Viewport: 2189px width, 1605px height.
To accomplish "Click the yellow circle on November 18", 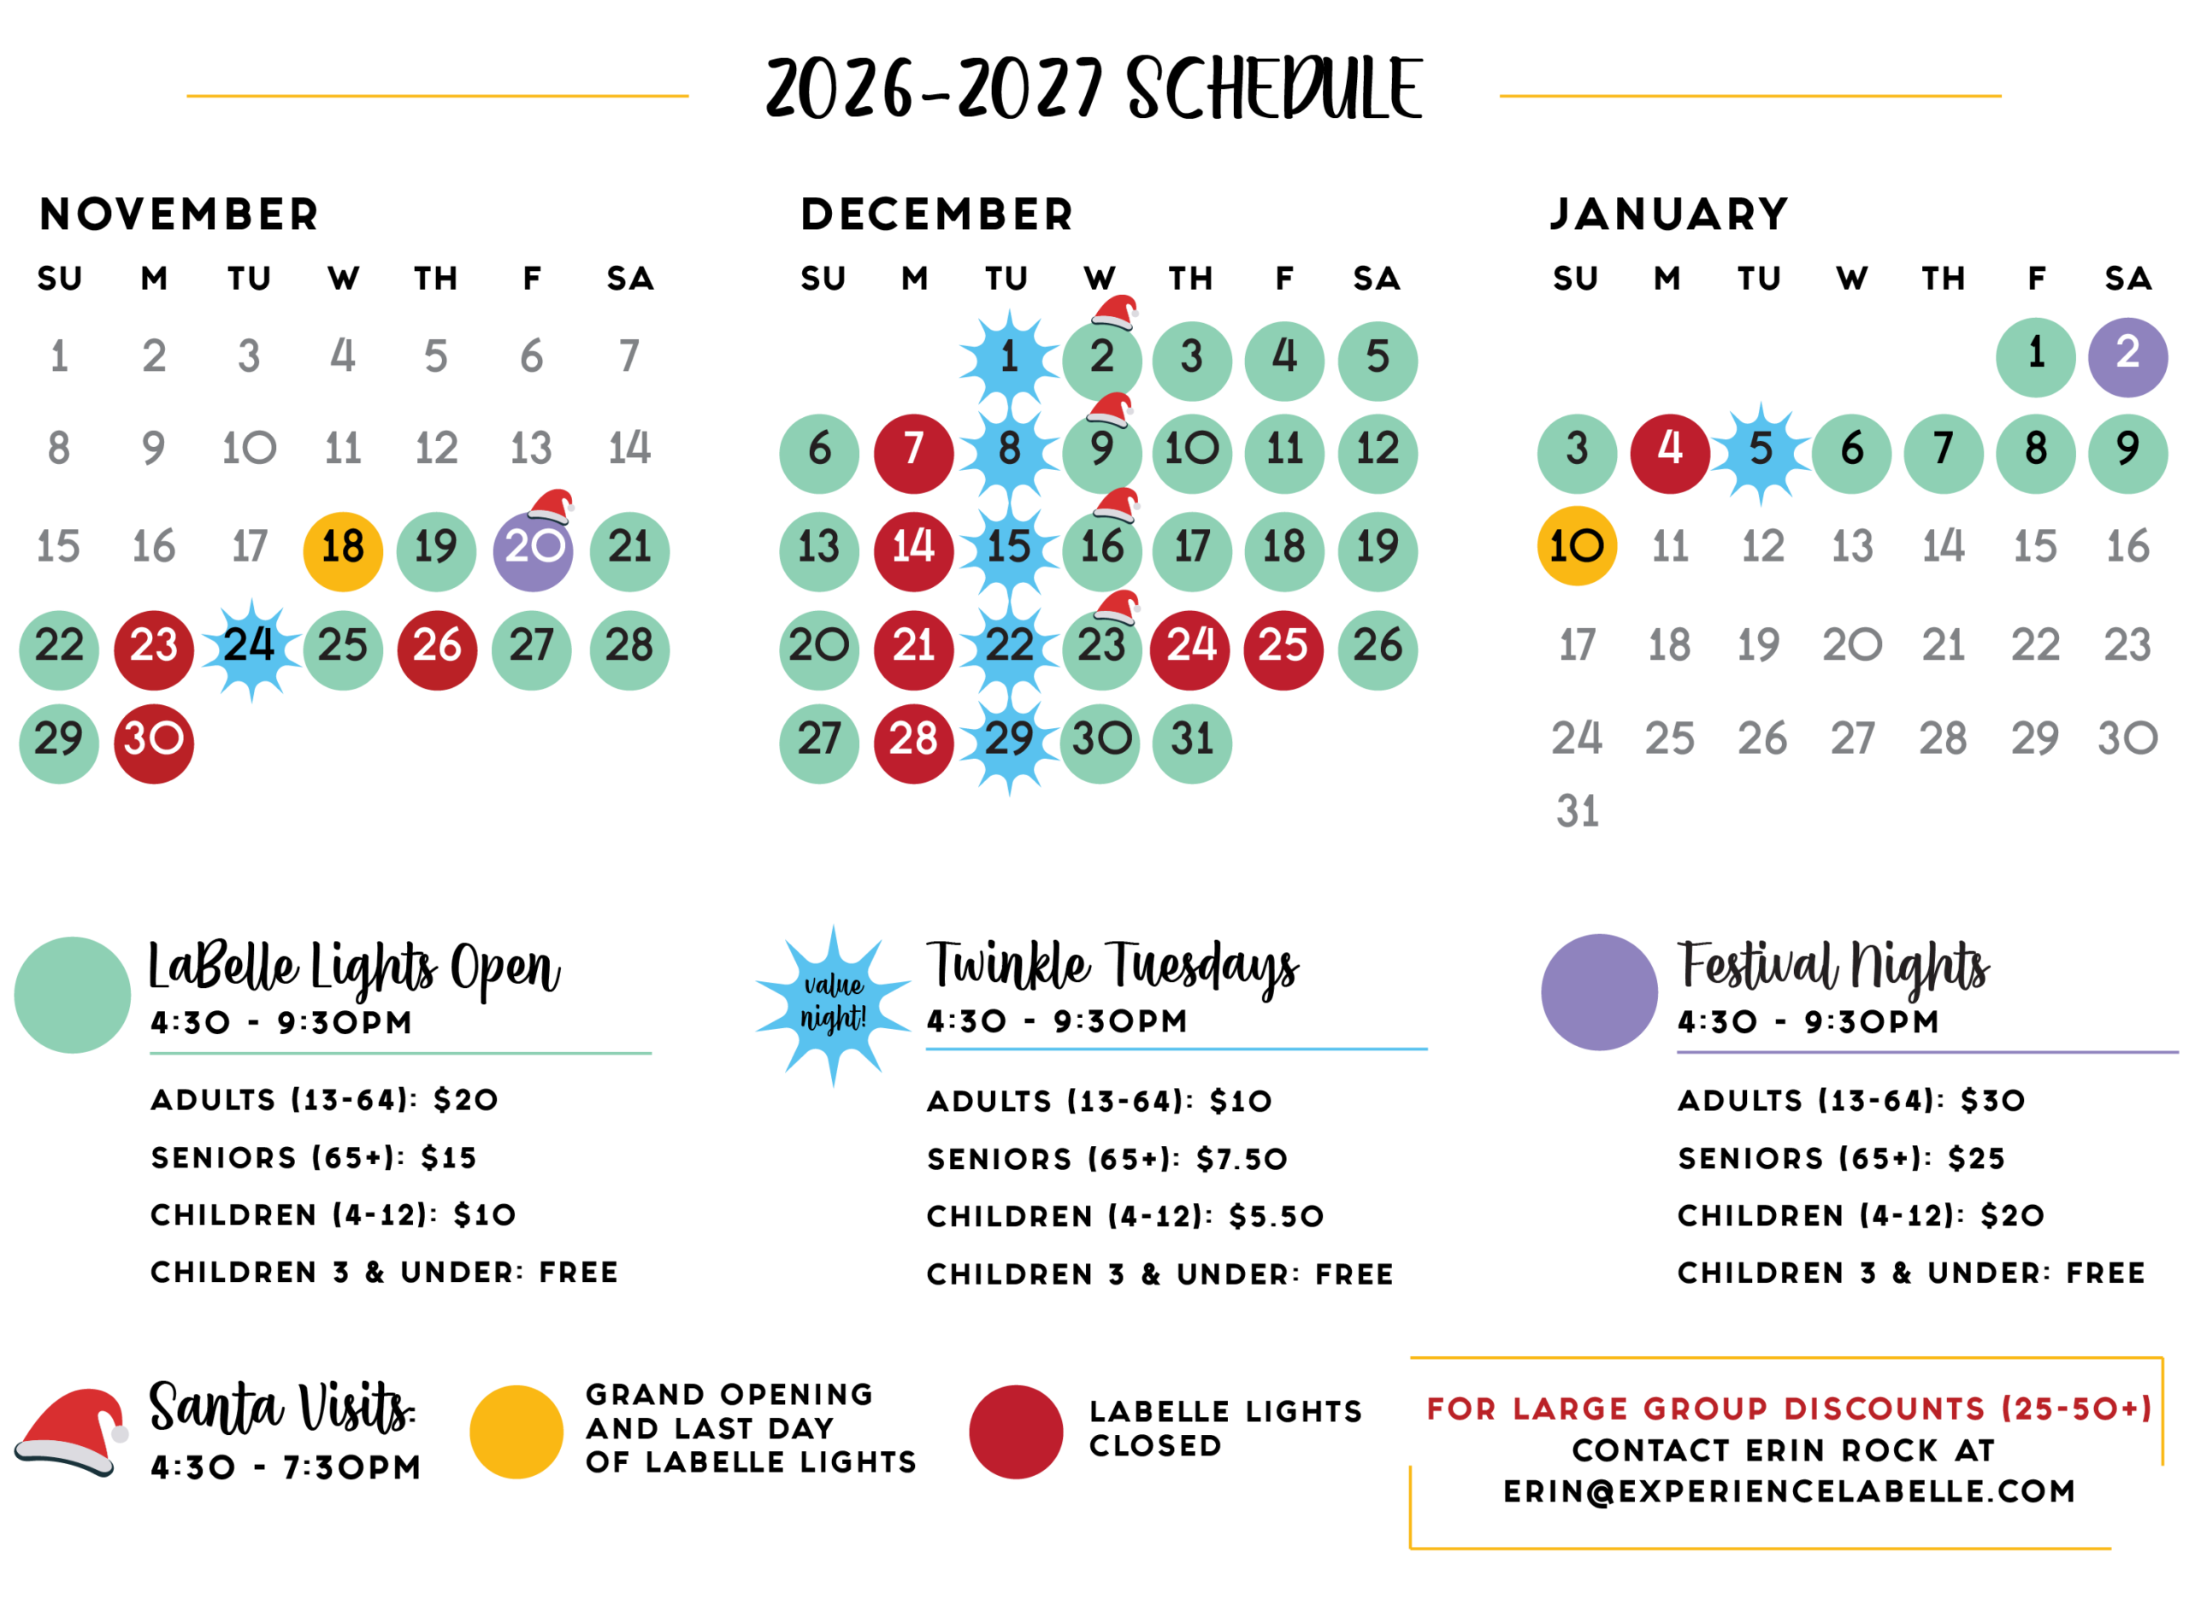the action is point(343,552).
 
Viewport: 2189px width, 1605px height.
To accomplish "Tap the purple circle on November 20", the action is point(533,552).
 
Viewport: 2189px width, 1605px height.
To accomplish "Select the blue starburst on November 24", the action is point(251,649).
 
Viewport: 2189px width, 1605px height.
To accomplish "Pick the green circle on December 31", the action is point(1192,744).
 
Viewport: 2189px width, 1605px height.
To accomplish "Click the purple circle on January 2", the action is point(2127,357).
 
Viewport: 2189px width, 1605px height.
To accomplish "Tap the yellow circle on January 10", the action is point(1577,546).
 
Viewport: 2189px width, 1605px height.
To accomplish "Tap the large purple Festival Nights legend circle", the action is point(1599,992).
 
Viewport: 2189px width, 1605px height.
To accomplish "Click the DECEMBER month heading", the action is point(936,214).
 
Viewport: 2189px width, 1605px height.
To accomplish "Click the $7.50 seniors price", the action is point(1242,1158).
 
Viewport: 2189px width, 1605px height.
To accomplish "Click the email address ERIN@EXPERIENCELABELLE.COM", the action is point(1789,1491).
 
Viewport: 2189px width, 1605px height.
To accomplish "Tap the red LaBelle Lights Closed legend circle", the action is point(1016,1432).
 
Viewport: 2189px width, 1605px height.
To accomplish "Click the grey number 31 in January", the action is point(1577,811).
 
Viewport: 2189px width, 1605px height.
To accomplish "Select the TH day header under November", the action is point(435,279).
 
